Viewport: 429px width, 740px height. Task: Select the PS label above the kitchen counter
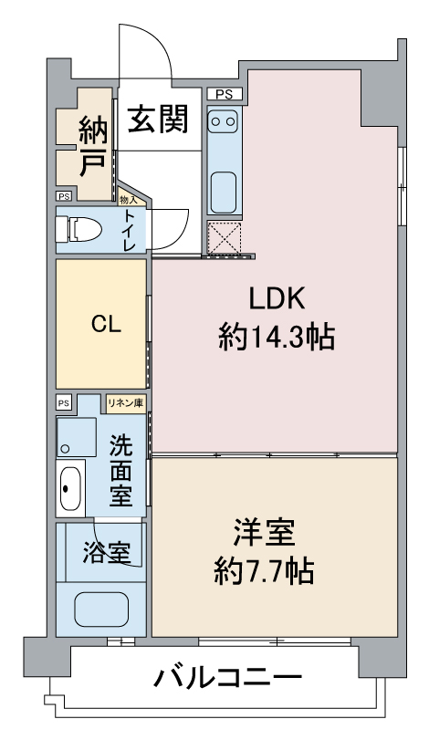[225, 94]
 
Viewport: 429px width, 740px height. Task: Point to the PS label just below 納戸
[64, 195]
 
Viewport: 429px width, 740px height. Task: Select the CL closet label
[101, 326]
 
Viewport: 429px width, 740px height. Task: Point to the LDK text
[275, 299]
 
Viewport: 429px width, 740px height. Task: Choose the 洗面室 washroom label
[122, 470]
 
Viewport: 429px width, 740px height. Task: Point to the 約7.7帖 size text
[264, 572]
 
